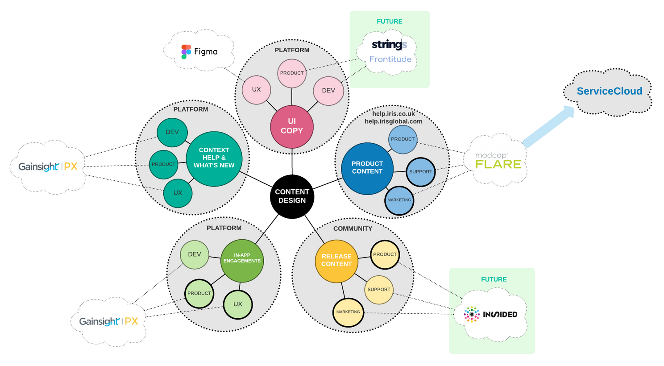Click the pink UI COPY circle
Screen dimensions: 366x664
pyautogui.click(x=292, y=126)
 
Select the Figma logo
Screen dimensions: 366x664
pyautogui.click(x=199, y=52)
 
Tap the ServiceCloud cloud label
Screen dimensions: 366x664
pyautogui.click(x=609, y=91)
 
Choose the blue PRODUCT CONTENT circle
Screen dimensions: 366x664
pyautogui.click(x=367, y=168)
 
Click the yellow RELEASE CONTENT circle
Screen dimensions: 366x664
pyautogui.click(x=336, y=261)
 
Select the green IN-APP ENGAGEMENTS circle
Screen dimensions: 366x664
pyautogui.click(x=242, y=260)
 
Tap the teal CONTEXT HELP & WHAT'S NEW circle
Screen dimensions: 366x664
pyautogui.click(x=214, y=158)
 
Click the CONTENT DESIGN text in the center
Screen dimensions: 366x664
pyautogui.click(x=292, y=196)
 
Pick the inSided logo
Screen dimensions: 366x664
pyautogui.click(x=490, y=314)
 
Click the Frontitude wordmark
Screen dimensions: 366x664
pyautogui.click(x=390, y=59)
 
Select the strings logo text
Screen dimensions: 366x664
pyautogui.click(x=389, y=44)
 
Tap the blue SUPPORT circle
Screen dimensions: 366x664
pyautogui.click(x=420, y=172)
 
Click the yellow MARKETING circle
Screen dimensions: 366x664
pyautogui.click(x=348, y=312)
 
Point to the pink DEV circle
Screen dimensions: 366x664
pyautogui.click(x=328, y=91)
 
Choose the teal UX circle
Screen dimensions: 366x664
pyautogui.click(x=178, y=193)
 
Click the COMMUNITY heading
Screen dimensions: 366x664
pyautogui.click(x=353, y=229)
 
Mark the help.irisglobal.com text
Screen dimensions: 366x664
pyautogui.click(x=393, y=121)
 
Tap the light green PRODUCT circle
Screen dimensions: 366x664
pyautogui.click(x=199, y=294)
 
